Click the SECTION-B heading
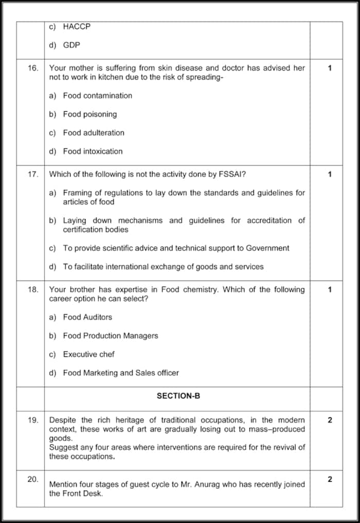tap(178, 396)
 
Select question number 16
tap(33, 68)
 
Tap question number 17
tap(33, 174)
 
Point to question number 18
tap(33, 289)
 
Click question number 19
tap(33, 420)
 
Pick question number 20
tap(33, 479)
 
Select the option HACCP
tap(77, 26)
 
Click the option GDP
tap(71, 45)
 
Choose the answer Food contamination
tap(97, 95)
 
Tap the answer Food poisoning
tap(89, 114)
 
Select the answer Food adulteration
tap(94, 132)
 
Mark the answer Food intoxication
tap(93, 151)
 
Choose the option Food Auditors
tap(87, 317)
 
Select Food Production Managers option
tap(110, 336)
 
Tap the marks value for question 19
tap(330, 420)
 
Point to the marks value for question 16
tap(330, 68)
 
